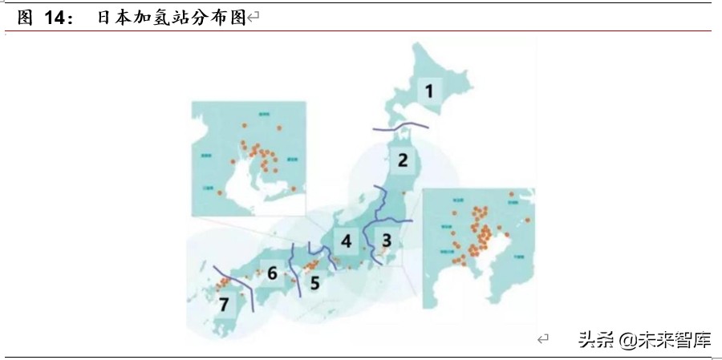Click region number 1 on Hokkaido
click(x=430, y=91)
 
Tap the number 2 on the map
click(x=404, y=159)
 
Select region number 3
click(x=386, y=238)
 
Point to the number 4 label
click(x=346, y=241)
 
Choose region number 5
click(x=314, y=281)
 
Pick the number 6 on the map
click(x=272, y=274)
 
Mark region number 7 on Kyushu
click(x=224, y=305)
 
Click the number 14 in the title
click(x=57, y=18)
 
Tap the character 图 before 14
click(x=24, y=18)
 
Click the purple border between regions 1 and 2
click(x=401, y=126)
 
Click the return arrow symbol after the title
click(x=254, y=18)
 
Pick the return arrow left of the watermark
click(x=543, y=340)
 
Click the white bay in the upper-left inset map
click(x=233, y=188)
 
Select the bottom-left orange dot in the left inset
click(x=219, y=193)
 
